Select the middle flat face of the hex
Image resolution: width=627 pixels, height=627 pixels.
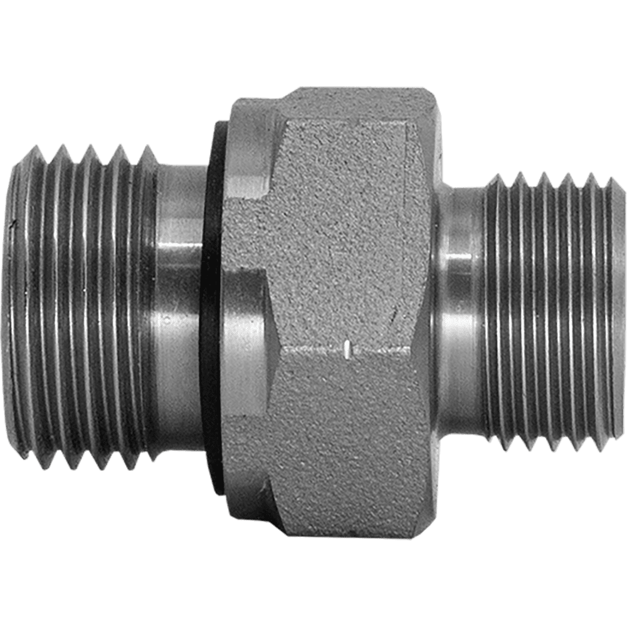pos(351,270)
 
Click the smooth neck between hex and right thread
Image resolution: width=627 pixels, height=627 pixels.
pos(461,313)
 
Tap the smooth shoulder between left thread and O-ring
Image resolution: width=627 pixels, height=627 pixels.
pos(179,313)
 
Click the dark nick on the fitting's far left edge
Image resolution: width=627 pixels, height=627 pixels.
pos(13,223)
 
